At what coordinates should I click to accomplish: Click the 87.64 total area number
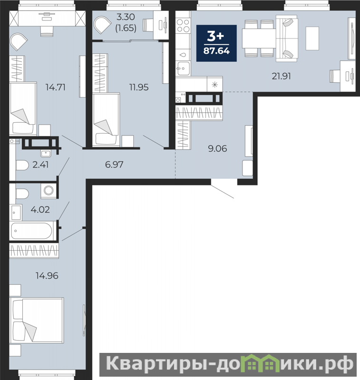point(216,51)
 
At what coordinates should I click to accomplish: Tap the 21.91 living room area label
point(281,77)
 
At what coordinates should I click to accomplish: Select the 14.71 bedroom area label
point(56,87)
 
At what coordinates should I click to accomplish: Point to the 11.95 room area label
point(139,87)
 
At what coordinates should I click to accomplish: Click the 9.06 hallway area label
point(217,148)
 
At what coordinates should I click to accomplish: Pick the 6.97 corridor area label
point(114,165)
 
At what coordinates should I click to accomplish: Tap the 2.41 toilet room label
point(40,165)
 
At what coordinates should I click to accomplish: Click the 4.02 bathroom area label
point(40,209)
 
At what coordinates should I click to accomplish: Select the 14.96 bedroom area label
point(47,275)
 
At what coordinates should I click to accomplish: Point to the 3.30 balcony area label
point(126,17)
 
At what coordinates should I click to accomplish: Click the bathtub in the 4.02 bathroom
point(31,231)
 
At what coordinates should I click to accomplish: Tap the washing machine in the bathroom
point(49,190)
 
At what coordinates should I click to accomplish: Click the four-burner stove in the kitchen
point(183,26)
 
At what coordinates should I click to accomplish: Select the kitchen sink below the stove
point(183,68)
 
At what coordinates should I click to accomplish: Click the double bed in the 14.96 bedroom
point(37,320)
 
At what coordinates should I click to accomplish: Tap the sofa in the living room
point(287,39)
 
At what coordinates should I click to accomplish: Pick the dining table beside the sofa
point(259,39)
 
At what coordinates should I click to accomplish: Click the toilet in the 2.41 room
point(22,166)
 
